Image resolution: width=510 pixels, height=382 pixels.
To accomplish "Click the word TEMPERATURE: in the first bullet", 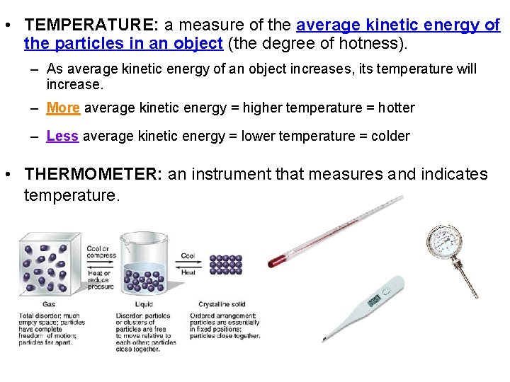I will coord(91,25).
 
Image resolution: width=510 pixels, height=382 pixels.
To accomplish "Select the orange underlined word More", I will coord(63,108).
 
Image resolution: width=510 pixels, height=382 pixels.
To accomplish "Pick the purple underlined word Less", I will coord(62,136).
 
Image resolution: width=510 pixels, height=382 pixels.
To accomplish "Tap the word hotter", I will coord(396,108).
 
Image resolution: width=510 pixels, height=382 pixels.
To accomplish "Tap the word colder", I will coord(390,136).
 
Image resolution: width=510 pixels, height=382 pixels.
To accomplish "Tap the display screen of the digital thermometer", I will coord(374,301).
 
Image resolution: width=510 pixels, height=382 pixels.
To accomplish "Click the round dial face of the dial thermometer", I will coord(444,242).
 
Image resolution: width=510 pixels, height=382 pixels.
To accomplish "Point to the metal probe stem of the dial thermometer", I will coord(468,279).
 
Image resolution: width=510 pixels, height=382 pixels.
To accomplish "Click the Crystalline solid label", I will coord(222,305).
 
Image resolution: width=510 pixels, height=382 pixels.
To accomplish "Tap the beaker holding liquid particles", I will coord(145,265).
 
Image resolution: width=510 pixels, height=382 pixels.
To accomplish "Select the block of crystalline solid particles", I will coord(226,264).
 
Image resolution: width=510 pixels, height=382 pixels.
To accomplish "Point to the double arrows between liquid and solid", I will coord(189,264).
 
